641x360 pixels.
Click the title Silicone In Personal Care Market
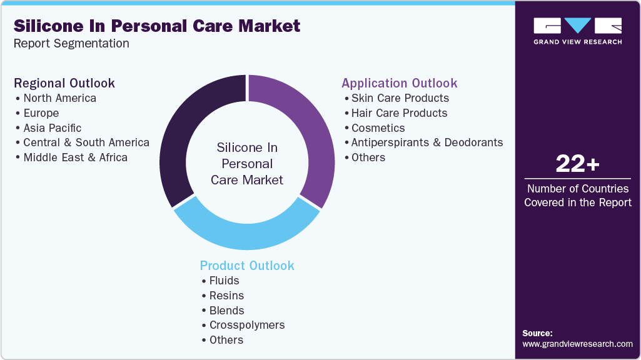[157, 26]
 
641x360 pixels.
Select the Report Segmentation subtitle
[72, 44]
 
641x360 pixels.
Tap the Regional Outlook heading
[64, 83]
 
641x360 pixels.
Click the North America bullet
[59, 98]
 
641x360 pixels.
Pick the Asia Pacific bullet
[52, 127]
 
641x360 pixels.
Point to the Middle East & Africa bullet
[75, 157]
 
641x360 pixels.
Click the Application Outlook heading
[399, 83]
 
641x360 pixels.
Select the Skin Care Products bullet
[400, 98]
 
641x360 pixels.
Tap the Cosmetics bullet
[378, 127]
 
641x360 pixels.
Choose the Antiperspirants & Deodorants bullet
[426, 142]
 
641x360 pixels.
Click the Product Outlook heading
[247, 266]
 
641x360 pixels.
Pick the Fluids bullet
[224, 281]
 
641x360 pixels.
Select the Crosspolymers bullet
[246, 325]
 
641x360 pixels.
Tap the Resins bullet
[226, 296]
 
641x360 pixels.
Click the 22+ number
[577, 164]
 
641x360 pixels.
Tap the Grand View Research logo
[577, 31]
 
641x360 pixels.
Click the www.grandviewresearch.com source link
[577, 344]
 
